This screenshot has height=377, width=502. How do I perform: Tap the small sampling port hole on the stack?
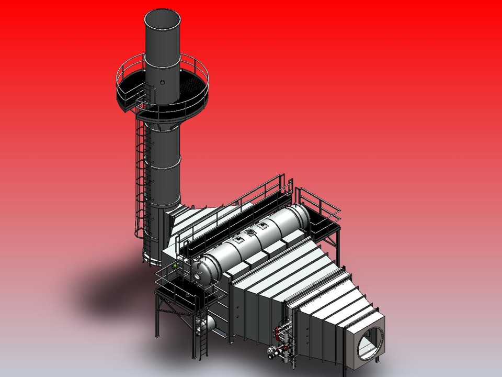pos(163,82)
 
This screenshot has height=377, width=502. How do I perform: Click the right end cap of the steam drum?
pos(305,214)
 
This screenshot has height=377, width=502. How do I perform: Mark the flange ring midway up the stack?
pos(163,162)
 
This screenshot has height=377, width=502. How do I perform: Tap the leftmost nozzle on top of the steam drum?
pos(238,239)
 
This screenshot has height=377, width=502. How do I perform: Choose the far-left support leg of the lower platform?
pos(156,314)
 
